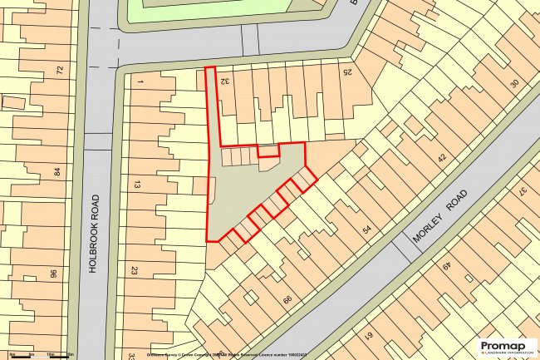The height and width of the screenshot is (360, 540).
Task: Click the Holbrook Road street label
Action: (94, 234)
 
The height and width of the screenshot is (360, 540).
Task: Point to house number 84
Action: (57, 172)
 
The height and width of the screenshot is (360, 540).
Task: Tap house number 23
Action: (134, 269)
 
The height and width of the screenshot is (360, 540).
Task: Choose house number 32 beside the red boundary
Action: (225, 81)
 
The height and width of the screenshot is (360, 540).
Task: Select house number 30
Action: (514, 83)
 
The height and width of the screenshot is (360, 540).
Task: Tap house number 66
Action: (288, 300)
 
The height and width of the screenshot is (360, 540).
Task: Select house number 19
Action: (368, 337)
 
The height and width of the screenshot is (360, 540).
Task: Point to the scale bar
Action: (33, 355)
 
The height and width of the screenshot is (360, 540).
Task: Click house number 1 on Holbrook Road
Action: (140, 81)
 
